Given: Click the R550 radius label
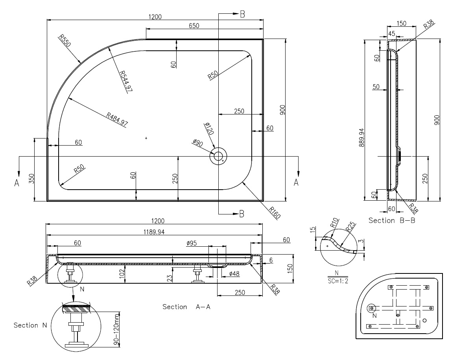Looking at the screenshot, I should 65,41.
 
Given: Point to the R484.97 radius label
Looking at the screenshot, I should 117,119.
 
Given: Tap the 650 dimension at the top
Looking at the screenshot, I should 194,26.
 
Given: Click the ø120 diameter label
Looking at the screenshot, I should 208,129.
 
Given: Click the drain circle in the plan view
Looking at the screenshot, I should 218,156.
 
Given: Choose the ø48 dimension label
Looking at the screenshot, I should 235,273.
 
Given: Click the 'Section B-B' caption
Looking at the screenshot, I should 392,220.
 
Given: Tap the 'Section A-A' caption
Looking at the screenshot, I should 186,306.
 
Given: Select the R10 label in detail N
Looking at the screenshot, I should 335,225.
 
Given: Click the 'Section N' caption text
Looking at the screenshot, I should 31,325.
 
